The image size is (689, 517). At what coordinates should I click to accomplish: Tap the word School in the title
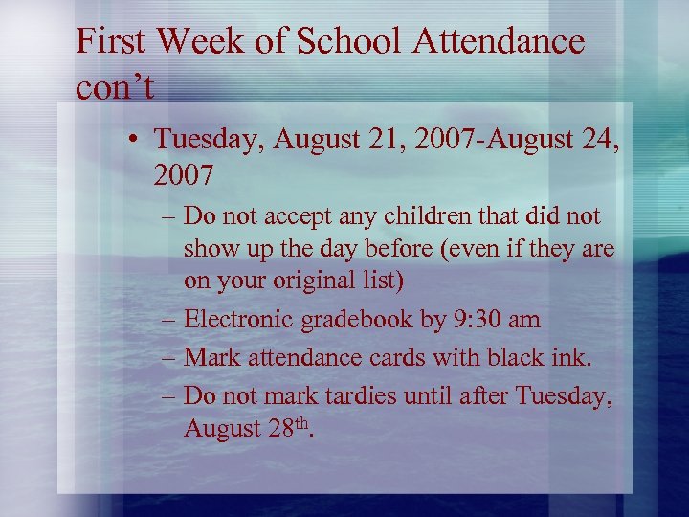tap(332, 41)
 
